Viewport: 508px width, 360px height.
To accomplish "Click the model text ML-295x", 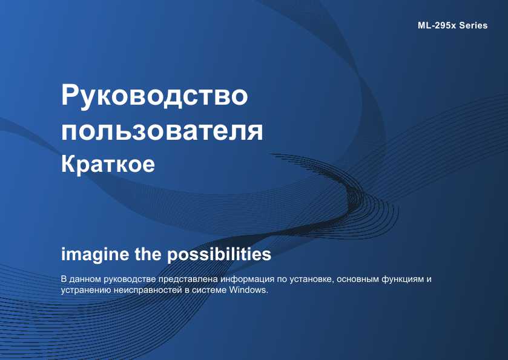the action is [x=437, y=25].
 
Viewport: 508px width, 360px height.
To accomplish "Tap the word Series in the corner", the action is [x=473, y=25].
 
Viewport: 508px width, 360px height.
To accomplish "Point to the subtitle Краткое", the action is [x=108, y=164].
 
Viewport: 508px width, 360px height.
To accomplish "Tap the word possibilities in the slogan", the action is [x=219, y=255].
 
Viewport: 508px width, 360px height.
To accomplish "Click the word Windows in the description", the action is [x=248, y=290].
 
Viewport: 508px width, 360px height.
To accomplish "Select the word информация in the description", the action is [x=247, y=279].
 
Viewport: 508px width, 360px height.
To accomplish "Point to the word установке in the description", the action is [x=311, y=279].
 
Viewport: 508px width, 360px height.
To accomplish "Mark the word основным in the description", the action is [x=358, y=279].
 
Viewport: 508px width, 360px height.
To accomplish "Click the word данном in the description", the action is [x=85, y=280].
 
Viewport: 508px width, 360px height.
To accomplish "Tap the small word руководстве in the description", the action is [x=130, y=280].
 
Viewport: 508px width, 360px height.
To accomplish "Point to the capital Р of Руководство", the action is [x=70, y=94].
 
